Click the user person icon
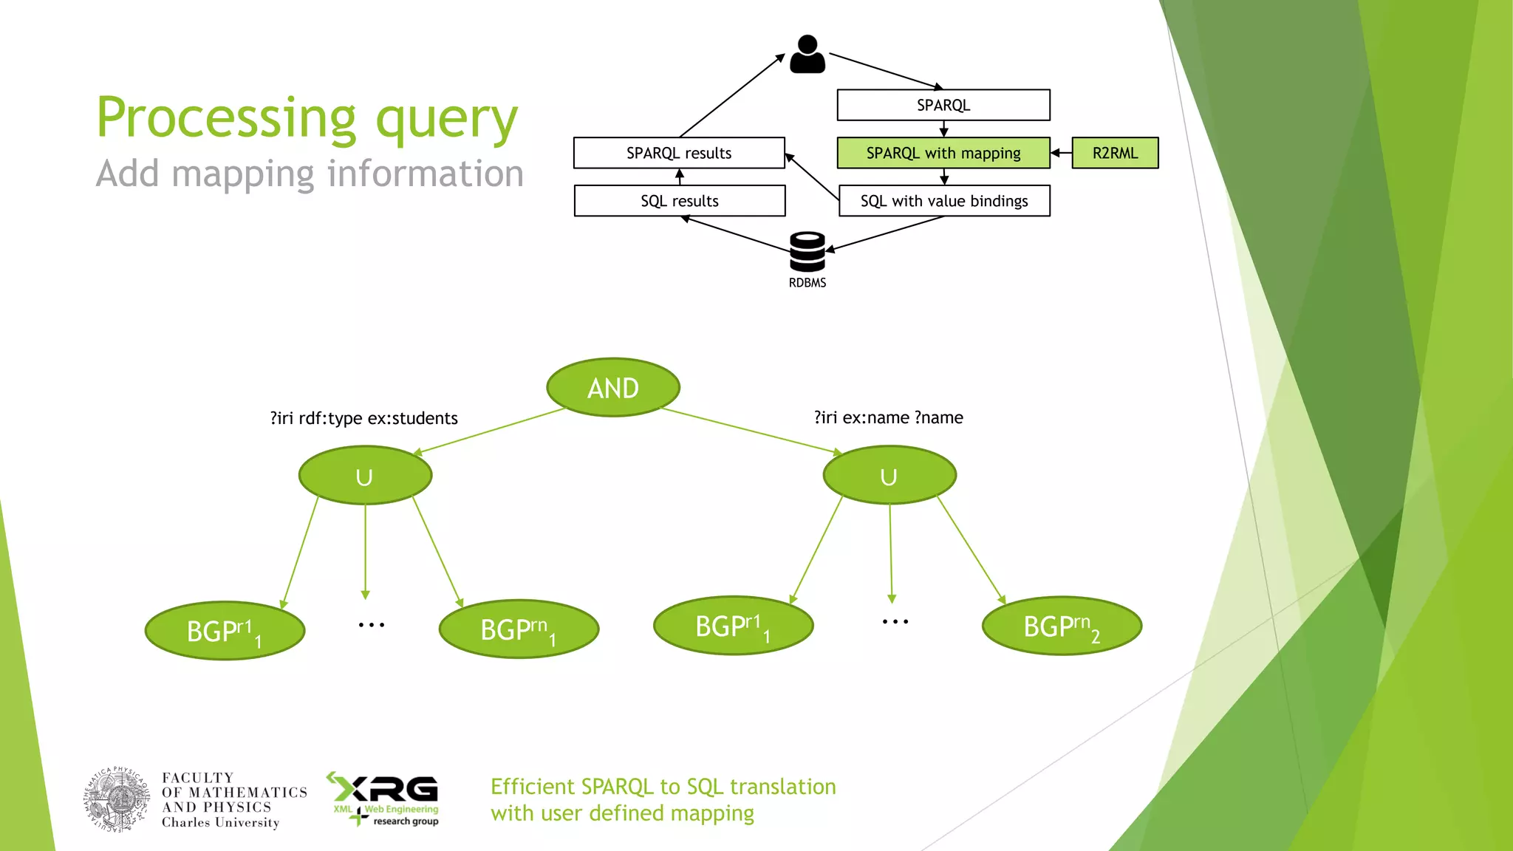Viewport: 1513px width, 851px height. tap(807, 54)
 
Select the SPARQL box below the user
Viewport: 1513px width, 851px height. tap(943, 105)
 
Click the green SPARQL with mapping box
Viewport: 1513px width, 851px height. tap(943, 153)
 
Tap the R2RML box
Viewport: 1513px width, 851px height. tap(1115, 153)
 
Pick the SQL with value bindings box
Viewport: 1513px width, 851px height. tap(944, 201)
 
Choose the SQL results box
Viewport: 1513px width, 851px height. tap(680, 201)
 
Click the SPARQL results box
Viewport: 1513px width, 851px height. tap(679, 153)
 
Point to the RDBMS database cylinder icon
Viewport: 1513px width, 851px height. tap(807, 253)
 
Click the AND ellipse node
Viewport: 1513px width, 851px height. tap(613, 388)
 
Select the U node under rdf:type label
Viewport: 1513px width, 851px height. tap(365, 476)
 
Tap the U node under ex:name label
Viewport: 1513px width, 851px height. tap(889, 476)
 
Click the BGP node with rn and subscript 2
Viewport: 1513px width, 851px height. tap(1062, 626)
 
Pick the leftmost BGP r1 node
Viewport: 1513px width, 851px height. tap(225, 631)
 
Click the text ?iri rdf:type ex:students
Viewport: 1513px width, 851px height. tap(363, 418)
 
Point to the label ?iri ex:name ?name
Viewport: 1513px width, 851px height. tap(889, 417)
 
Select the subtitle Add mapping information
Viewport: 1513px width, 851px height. tap(310, 174)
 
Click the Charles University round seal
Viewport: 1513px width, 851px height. tap(117, 800)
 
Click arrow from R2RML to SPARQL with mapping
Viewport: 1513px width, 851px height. tap(1061, 153)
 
